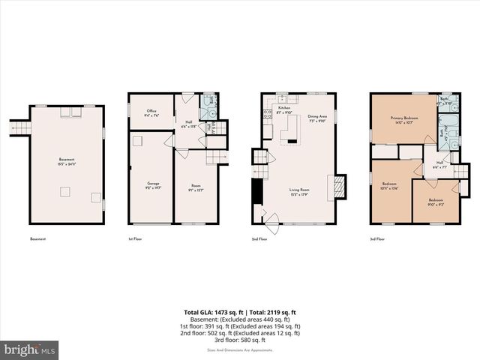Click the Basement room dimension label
click(67, 162)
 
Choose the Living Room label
click(300, 193)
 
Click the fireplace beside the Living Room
click(338, 187)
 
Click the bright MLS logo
click(30, 349)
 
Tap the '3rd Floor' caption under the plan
click(377, 238)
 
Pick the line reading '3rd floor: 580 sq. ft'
click(240, 339)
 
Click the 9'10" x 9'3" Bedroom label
click(435, 202)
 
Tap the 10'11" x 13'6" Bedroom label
click(389, 187)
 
